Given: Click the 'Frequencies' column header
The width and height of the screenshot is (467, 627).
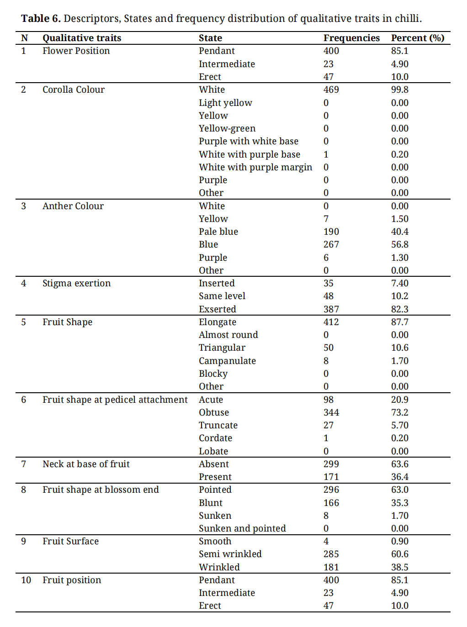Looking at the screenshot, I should [x=351, y=38].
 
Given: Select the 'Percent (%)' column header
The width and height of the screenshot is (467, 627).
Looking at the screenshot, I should [x=417, y=38].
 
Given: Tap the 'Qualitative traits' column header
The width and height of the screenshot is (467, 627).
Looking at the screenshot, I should [x=82, y=38].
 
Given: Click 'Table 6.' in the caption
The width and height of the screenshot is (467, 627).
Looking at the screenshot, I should [x=41, y=19].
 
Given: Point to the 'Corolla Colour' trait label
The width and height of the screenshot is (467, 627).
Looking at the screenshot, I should [x=74, y=90].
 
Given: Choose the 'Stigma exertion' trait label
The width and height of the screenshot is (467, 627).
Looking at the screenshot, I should [x=77, y=283].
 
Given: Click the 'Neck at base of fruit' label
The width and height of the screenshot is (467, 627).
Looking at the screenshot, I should [x=86, y=464].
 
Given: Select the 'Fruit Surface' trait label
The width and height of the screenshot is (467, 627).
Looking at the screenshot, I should [x=71, y=541].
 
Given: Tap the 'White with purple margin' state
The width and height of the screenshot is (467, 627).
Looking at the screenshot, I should [x=255, y=167].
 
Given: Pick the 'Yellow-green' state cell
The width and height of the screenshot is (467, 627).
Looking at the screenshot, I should [x=227, y=128].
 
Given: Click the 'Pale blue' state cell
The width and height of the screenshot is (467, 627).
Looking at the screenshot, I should [x=218, y=232].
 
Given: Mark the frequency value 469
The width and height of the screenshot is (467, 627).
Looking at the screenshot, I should [x=331, y=90].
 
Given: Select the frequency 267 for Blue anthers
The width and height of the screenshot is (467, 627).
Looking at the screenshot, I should [x=331, y=244].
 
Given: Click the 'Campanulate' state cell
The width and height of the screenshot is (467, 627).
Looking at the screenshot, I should [x=227, y=361].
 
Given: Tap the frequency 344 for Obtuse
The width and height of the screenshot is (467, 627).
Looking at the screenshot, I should [x=331, y=412].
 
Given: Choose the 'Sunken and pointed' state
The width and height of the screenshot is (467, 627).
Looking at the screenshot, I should [x=242, y=528].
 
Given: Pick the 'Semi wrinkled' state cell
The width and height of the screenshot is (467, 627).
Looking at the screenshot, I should [x=230, y=554].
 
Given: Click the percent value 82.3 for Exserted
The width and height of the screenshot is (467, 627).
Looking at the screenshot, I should [x=400, y=309].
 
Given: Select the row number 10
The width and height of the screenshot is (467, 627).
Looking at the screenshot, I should [x=26, y=580].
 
